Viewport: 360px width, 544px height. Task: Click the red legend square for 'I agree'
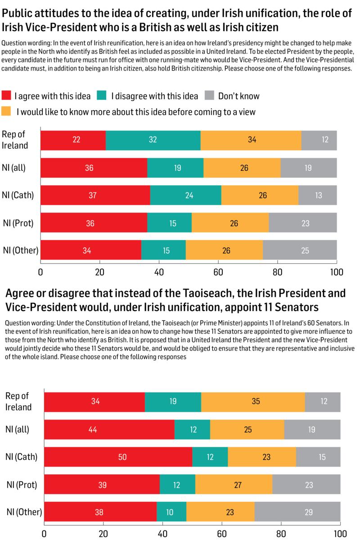(7, 96)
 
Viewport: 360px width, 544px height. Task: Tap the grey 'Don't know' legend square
(209, 96)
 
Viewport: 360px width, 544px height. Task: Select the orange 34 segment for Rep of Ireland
(251, 140)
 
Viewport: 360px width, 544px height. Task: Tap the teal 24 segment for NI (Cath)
(186, 195)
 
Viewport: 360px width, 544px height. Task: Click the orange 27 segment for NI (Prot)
(234, 485)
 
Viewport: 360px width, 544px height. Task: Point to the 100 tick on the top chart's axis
(337, 272)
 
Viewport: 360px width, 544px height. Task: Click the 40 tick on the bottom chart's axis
(162, 535)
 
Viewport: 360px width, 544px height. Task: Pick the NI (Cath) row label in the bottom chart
(21, 457)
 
